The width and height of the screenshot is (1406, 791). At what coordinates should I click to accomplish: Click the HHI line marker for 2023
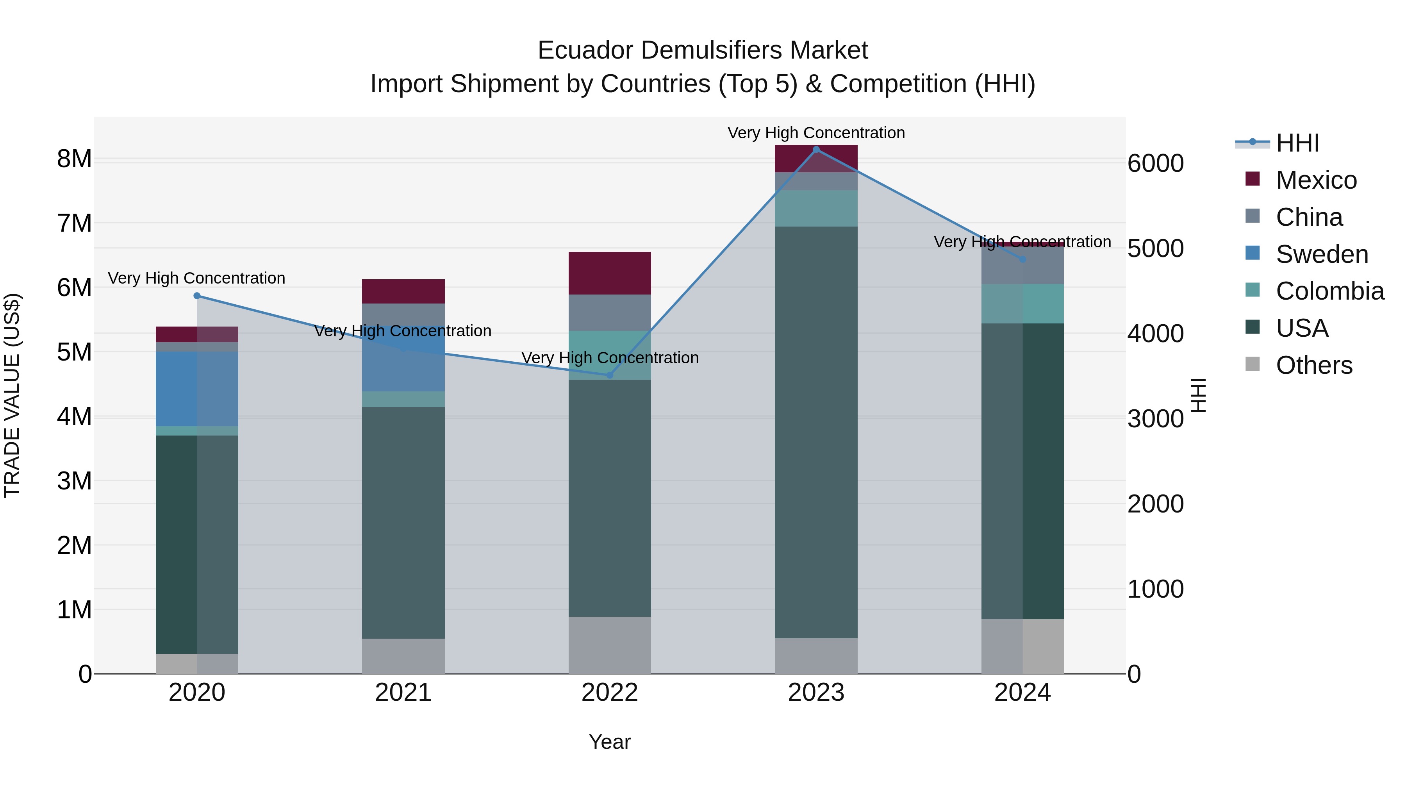click(816, 150)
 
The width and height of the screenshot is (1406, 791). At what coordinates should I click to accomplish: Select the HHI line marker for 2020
click(197, 296)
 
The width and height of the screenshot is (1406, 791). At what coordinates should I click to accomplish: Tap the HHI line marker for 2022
click(610, 375)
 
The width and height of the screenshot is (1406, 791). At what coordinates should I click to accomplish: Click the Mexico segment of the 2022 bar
click(610, 273)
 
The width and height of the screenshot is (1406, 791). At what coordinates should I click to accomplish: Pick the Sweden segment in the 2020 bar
click(197, 389)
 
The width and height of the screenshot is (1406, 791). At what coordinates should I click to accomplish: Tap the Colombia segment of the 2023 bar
click(816, 209)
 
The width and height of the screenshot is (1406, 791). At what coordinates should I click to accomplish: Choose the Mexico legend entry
click(1316, 180)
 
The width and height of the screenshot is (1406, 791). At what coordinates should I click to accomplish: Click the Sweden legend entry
click(1321, 254)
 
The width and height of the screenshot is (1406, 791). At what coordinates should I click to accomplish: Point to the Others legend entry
click(1314, 365)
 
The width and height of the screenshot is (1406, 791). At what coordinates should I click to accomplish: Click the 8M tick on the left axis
click(75, 159)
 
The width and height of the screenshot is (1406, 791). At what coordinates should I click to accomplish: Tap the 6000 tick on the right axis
click(1155, 163)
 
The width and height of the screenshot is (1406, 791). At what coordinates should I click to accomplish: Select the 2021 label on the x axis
click(403, 693)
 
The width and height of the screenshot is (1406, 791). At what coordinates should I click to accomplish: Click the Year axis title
click(610, 742)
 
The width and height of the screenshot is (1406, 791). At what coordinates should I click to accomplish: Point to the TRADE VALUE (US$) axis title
click(12, 395)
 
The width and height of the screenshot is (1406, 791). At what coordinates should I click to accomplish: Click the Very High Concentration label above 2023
click(816, 133)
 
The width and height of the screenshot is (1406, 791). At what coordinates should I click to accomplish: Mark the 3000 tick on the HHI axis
click(1155, 419)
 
